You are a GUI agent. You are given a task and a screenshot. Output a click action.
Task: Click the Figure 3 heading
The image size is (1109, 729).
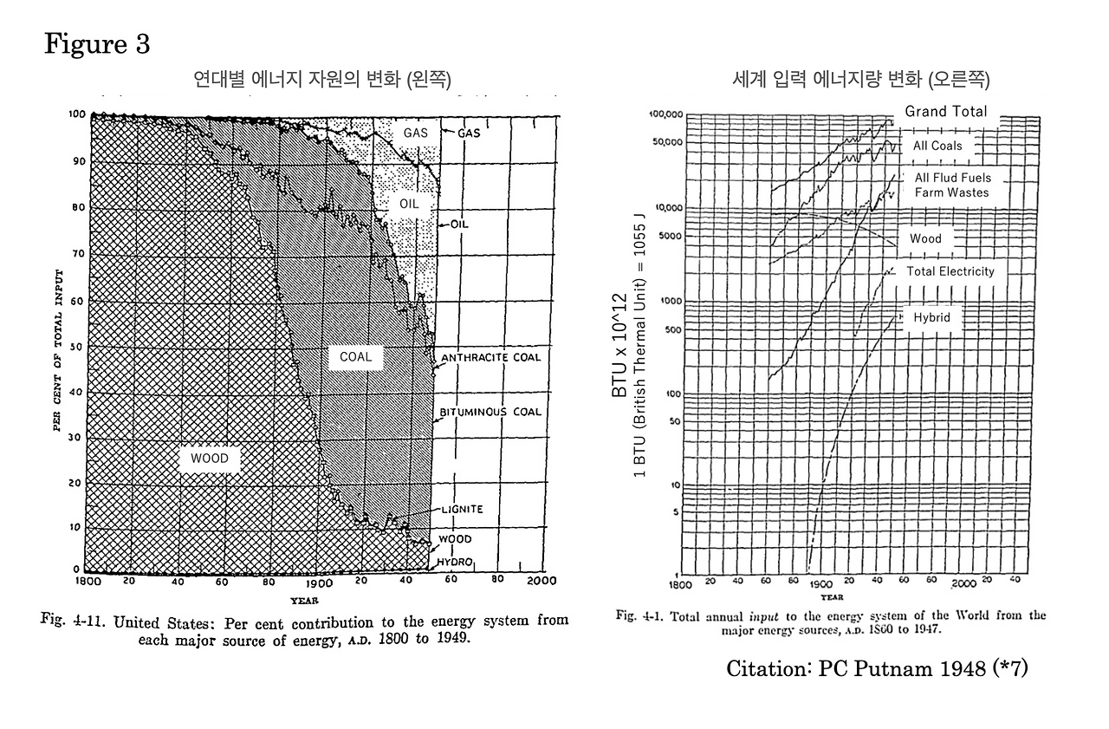pyautogui.click(x=97, y=45)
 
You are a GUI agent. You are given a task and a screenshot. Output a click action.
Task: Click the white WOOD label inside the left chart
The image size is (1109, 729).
pyautogui.click(x=210, y=459)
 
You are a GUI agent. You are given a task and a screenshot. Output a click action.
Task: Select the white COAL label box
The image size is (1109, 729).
pyautogui.click(x=355, y=357)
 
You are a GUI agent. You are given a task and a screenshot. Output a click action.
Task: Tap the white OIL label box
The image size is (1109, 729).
pyautogui.click(x=409, y=205)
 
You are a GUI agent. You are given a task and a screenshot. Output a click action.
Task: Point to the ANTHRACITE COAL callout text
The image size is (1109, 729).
pyautogui.click(x=490, y=357)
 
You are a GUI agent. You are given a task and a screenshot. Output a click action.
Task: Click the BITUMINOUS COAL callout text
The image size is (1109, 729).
pyautogui.click(x=491, y=412)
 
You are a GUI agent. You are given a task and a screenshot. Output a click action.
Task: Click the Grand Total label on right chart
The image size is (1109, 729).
pyautogui.click(x=945, y=112)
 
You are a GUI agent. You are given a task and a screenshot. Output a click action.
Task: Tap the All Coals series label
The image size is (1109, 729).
pyautogui.click(x=937, y=146)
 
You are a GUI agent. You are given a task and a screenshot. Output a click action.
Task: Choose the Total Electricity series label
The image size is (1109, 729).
pyautogui.click(x=950, y=271)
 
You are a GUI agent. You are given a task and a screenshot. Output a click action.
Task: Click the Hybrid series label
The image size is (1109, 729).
pyautogui.click(x=931, y=318)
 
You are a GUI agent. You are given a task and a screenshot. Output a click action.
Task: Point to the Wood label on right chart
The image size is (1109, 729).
pyautogui.click(x=925, y=238)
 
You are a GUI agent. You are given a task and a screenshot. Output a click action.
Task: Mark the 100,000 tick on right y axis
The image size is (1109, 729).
pyautogui.click(x=666, y=115)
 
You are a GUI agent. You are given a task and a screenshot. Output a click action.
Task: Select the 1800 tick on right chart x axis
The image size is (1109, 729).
pyautogui.click(x=682, y=584)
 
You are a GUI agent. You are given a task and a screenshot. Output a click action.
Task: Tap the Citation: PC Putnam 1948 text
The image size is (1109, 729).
pyautogui.click(x=877, y=668)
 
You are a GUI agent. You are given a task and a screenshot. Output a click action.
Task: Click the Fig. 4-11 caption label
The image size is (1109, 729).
pyautogui.click(x=77, y=622)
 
